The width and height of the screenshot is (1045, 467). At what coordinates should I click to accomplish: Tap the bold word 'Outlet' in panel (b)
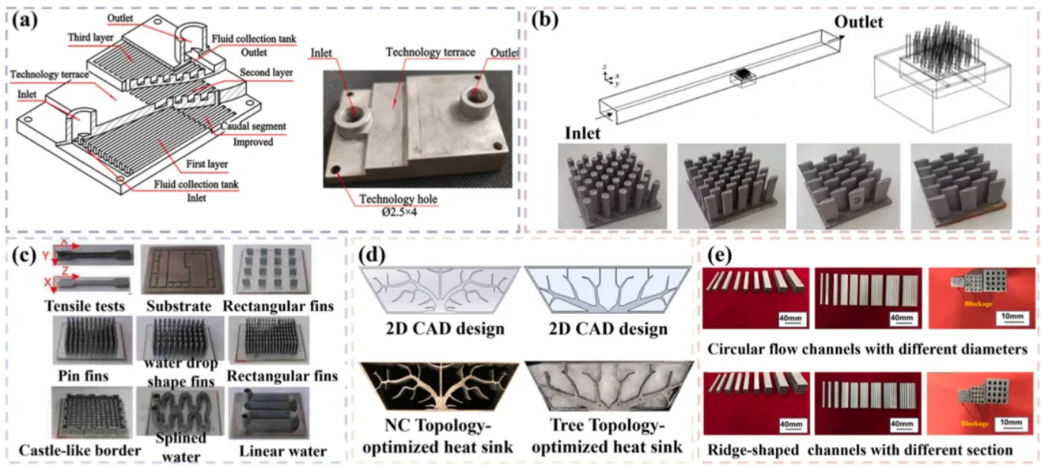point(858,22)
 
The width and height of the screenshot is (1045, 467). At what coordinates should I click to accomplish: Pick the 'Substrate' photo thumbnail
point(178,269)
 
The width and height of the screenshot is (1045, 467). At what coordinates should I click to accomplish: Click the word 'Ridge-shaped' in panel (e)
point(755,449)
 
